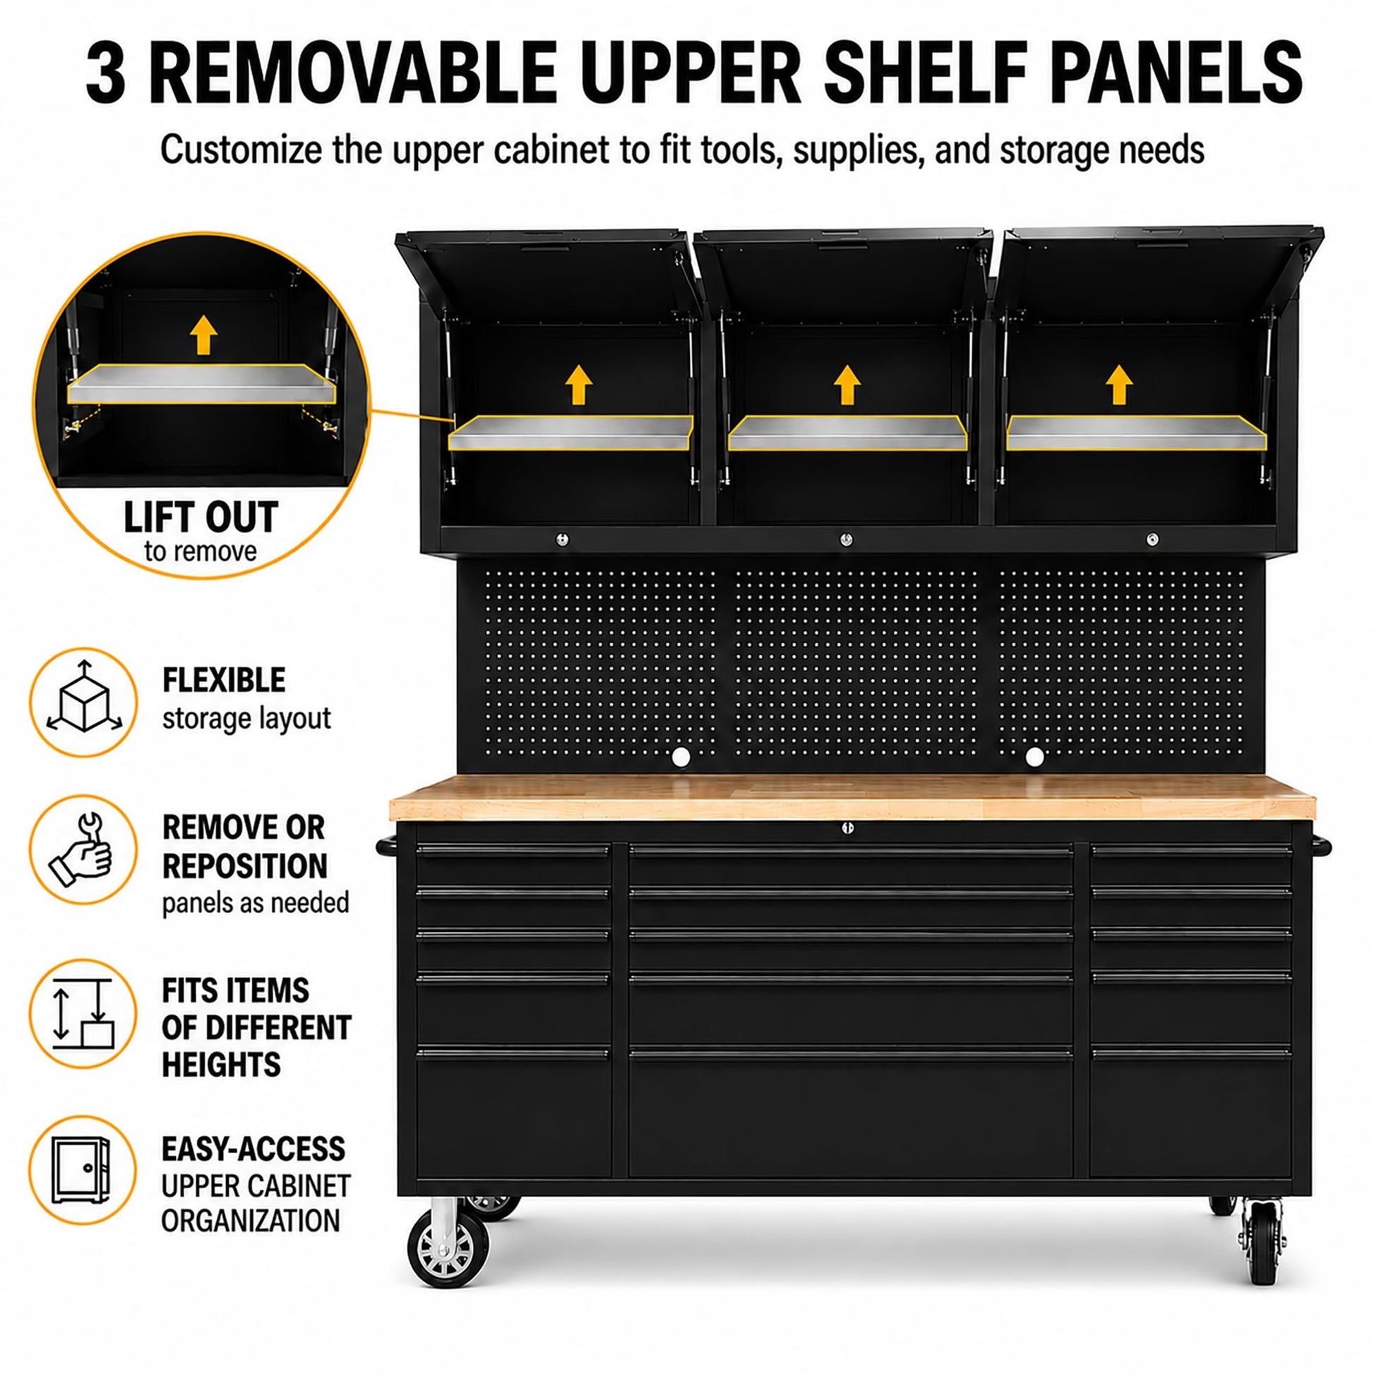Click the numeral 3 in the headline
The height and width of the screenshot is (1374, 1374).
[105, 73]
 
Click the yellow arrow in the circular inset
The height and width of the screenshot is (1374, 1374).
[204, 334]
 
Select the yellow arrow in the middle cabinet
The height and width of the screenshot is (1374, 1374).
[847, 385]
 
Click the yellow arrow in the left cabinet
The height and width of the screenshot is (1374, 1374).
[579, 385]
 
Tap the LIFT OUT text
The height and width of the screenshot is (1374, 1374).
[201, 517]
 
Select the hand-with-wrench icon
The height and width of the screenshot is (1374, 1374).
[81, 850]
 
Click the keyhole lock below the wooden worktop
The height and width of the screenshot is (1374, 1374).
[847, 827]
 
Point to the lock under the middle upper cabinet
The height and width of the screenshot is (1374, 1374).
[847, 539]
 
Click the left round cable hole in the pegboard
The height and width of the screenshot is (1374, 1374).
[681, 758]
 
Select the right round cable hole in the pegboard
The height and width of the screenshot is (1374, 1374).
[1035, 758]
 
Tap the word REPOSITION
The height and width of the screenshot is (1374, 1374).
[244, 866]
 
